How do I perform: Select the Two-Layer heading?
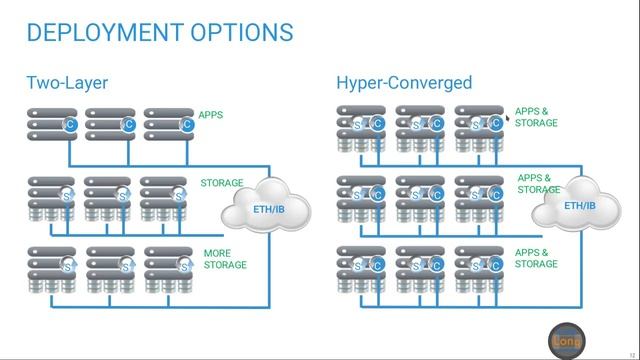(66, 83)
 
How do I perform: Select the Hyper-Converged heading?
(404, 83)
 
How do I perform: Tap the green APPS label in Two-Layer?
(210, 116)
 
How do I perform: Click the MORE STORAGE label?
(225, 259)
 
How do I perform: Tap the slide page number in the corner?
(630, 352)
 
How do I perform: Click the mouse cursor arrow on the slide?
(509, 119)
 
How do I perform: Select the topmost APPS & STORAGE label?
(536, 117)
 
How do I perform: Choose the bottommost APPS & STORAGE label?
(536, 258)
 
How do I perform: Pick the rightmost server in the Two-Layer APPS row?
(169, 124)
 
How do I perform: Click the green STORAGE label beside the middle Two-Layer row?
(222, 183)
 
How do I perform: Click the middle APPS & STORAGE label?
(538, 184)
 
